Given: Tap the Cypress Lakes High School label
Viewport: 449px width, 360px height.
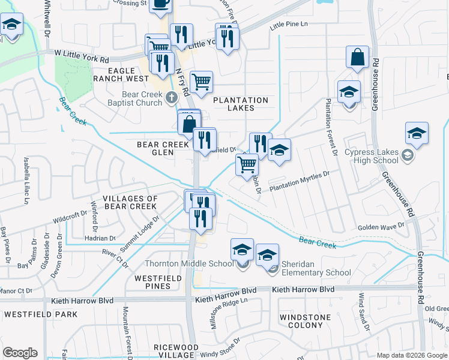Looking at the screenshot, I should pos(372,156).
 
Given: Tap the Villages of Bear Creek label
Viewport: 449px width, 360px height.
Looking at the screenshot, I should pos(130,202).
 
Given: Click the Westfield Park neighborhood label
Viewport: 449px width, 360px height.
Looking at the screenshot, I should pos(41,314).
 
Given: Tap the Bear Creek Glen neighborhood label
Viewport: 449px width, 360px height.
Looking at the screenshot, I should pos(164,148).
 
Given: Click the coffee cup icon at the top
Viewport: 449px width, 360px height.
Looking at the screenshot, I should pos(160,4).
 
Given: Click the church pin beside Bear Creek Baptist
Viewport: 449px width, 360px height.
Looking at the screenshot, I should pos(172,97).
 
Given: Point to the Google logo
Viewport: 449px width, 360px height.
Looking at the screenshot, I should pos(20,353).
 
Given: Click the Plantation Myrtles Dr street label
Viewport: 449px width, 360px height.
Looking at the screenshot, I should pos(300,181).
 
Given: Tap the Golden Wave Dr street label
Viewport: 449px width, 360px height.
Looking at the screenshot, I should pos(382,227).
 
